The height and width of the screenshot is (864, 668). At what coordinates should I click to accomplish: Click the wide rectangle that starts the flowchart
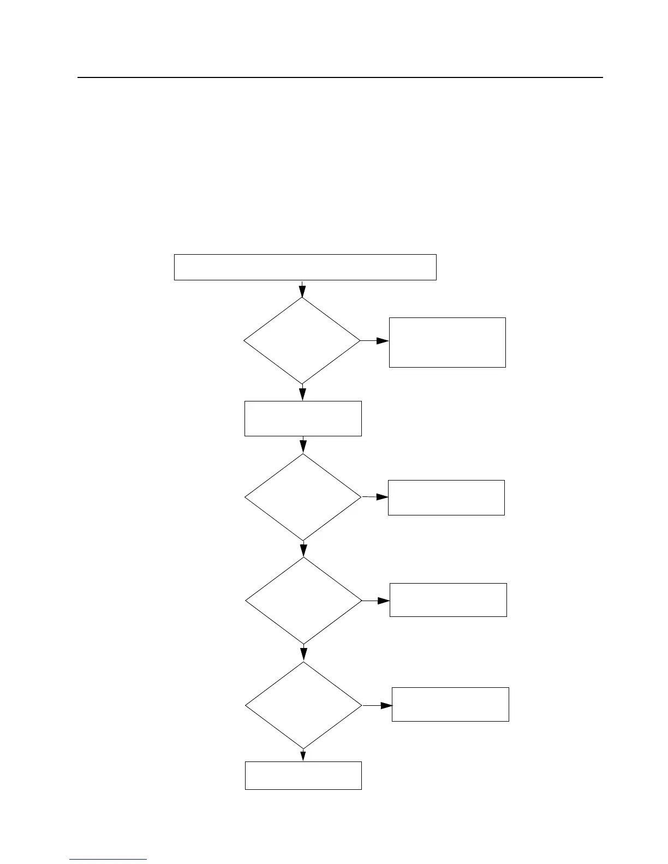click(305, 267)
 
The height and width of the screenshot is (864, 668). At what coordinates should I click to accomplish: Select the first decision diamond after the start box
click(302, 341)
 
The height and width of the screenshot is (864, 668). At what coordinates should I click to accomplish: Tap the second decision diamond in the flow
click(303, 497)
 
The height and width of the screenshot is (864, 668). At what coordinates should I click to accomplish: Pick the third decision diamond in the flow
click(303, 601)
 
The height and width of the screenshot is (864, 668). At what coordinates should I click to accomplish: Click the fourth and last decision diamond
click(303, 706)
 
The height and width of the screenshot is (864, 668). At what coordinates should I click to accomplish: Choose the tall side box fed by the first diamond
click(448, 343)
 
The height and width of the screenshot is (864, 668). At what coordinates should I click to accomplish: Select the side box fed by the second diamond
click(446, 497)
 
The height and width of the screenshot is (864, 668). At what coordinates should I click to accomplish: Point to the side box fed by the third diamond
click(448, 600)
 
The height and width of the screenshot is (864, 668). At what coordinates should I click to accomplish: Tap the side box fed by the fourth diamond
click(450, 705)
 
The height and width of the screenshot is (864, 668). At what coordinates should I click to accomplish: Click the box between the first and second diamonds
click(303, 418)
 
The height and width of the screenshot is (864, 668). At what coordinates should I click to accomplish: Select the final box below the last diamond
click(303, 776)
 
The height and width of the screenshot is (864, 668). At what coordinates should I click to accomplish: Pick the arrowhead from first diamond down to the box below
click(302, 394)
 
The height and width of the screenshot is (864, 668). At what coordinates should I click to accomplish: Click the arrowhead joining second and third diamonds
click(303, 550)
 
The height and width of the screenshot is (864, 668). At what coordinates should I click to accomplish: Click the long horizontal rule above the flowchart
click(340, 77)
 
